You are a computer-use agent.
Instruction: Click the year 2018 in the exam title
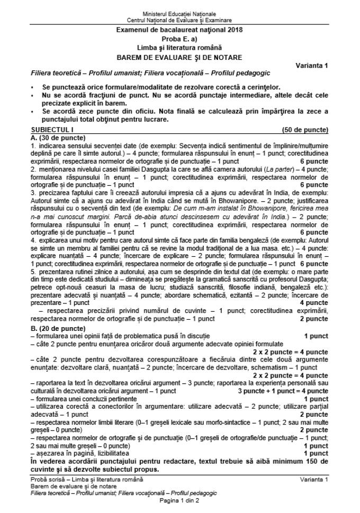(x=235, y=30)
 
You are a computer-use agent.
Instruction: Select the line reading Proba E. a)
(x=180, y=39)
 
